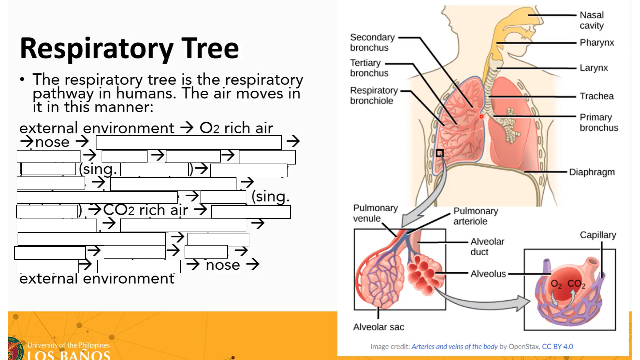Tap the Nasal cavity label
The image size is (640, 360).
pyautogui.click(x=592, y=20)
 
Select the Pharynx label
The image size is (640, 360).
pyautogui.click(x=597, y=43)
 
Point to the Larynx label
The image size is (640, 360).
pyautogui.click(x=594, y=68)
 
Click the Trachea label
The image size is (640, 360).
pyautogui.click(x=596, y=96)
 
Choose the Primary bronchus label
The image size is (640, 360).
pyautogui.click(x=599, y=122)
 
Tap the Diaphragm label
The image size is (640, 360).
pyautogui.click(x=592, y=172)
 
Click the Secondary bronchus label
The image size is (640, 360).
pyautogui.click(x=372, y=42)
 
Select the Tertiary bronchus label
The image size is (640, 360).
pyautogui.click(x=369, y=68)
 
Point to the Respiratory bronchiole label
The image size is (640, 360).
pyautogui.click(x=374, y=95)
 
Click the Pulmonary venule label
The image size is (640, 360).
pyautogui.click(x=375, y=213)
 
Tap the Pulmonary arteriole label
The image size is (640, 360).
pyautogui.click(x=475, y=216)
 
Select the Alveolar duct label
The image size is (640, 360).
pyautogui.click(x=487, y=246)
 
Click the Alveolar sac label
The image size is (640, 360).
pyautogui.click(x=378, y=327)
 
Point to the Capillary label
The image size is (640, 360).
pyautogui.click(x=598, y=235)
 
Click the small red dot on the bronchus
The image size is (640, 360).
pyautogui.click(x=481, y=117)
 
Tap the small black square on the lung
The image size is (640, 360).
pyautogui.click(x=440, y=153)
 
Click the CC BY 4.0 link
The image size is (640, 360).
pyautogui.click(x=557, y=347)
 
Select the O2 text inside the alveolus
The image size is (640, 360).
pyautogui.click(x=556, y=284)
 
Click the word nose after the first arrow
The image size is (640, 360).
pyautogui.click(x=52, y=142)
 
